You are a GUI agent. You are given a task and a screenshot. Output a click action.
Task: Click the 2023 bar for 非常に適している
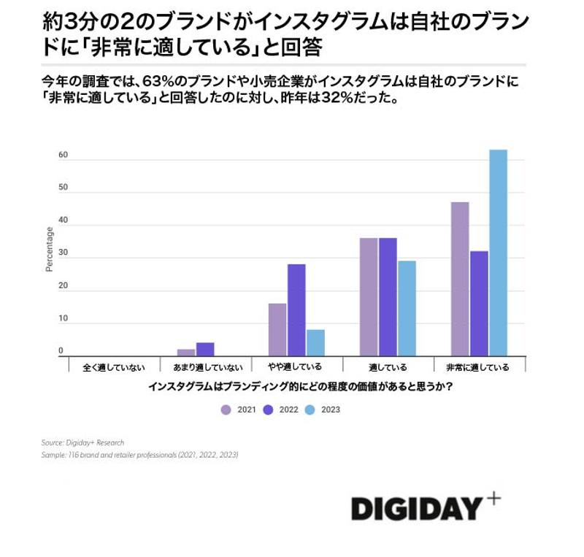(498, 253)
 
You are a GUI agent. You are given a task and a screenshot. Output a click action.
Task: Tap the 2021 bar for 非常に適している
(460, 278)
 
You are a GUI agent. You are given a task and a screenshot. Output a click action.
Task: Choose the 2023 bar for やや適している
(315, 342)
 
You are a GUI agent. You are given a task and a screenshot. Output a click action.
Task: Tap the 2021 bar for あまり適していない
(186, 352)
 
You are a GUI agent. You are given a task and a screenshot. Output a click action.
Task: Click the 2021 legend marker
(226, 410)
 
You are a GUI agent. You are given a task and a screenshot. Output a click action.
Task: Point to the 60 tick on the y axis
(63, 155)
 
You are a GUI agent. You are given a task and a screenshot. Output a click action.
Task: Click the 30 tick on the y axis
(63, 253)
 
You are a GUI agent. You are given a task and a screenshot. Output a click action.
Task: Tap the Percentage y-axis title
(50, 249)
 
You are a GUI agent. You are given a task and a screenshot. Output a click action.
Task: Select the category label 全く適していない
(114, 367)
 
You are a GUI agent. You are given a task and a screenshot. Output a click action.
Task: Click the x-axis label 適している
(388, 367)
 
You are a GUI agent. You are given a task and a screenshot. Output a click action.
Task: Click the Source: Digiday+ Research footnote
(83, 442)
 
